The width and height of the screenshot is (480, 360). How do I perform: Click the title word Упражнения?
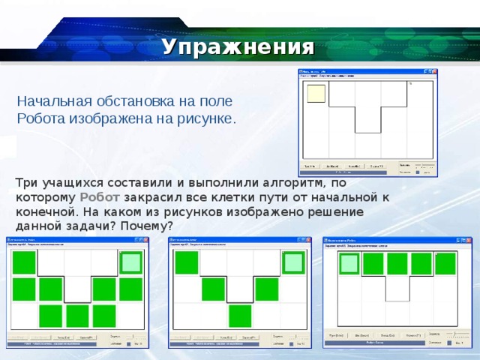pyautogui.click(x=237, y=47)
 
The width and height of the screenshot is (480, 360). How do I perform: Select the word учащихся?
pyautogui.click(x=73, y=182)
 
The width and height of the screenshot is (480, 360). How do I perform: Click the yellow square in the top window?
pyautogui.click(x=316, y=93)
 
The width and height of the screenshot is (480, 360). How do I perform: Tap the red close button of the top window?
pyautogui.click(x=433, y=72)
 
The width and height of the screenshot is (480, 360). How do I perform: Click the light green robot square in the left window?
pyautogui.click(x=130, y=262)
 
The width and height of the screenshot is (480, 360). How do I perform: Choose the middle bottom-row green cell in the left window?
pyautogui.click(x=77, y=316)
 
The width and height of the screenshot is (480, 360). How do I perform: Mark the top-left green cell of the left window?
pyautogui.click(x=24, y=262)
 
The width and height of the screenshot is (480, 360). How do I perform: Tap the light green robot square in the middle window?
pyautogui.click(x=293, y=262)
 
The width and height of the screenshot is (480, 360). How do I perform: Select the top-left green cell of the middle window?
pyautogui.click(x=187, y=262)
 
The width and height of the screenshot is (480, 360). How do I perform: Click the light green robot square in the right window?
pyautogui.click(x=349, y=263)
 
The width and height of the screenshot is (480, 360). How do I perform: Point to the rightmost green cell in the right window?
pyautogui.click(x=445, y=263)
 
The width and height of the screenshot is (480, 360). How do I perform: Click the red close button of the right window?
pyautogui.click(x=469, y=239)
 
